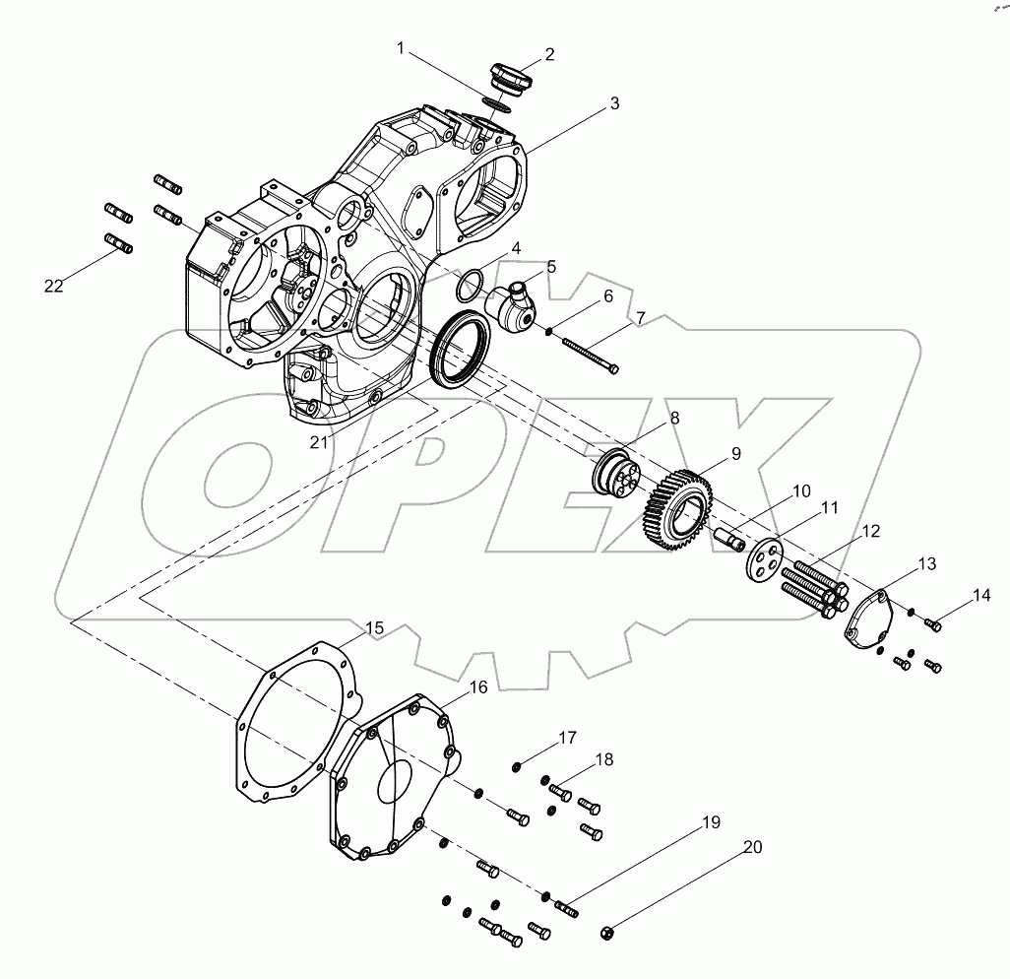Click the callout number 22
[x=53, y=286]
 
